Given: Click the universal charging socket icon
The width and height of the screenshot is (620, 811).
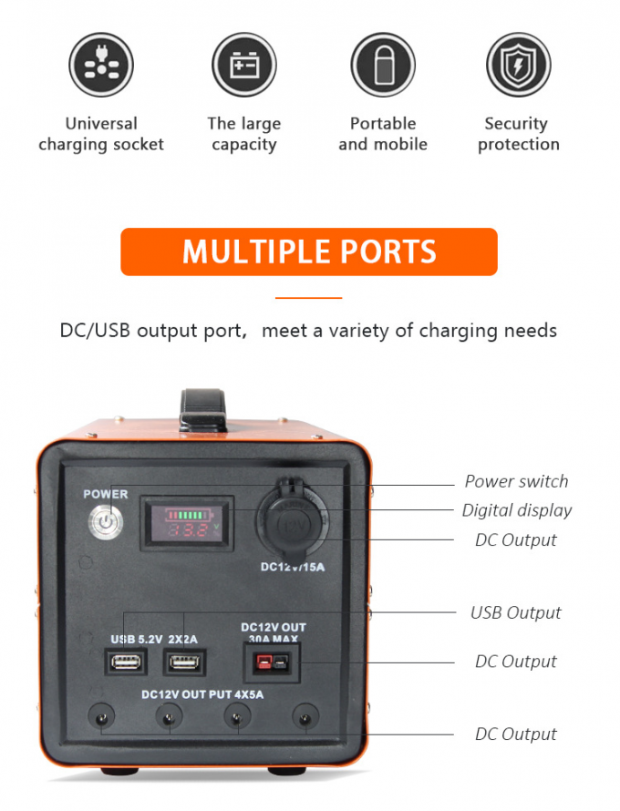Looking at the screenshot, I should [x=100, y=66].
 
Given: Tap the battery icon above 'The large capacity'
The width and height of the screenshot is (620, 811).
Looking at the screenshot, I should [x=243, y=66].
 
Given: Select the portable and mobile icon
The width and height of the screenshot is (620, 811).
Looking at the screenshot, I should [x=383, y=66].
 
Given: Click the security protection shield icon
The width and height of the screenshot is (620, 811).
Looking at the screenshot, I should [x=518, y=66].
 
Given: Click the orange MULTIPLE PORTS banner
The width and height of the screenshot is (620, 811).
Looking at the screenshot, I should [x=309, y=252].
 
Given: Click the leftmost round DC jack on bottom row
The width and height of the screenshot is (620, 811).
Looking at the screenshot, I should [x=100, y=718].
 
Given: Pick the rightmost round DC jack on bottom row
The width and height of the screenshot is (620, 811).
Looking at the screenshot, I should [x=305, y=718].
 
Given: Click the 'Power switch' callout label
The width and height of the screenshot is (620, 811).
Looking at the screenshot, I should [x=516, y=481].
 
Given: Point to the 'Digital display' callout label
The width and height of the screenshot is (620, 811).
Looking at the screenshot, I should [x=517, y=510].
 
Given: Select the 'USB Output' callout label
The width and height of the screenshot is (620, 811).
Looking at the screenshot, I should [x=516, y=612].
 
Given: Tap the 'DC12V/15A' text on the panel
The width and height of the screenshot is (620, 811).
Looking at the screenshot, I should [x=293, y=567].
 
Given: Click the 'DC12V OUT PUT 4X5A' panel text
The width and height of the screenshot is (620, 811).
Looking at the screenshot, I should [x=202, y=694].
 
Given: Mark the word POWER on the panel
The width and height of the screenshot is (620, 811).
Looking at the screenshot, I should [x=106, y=495].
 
